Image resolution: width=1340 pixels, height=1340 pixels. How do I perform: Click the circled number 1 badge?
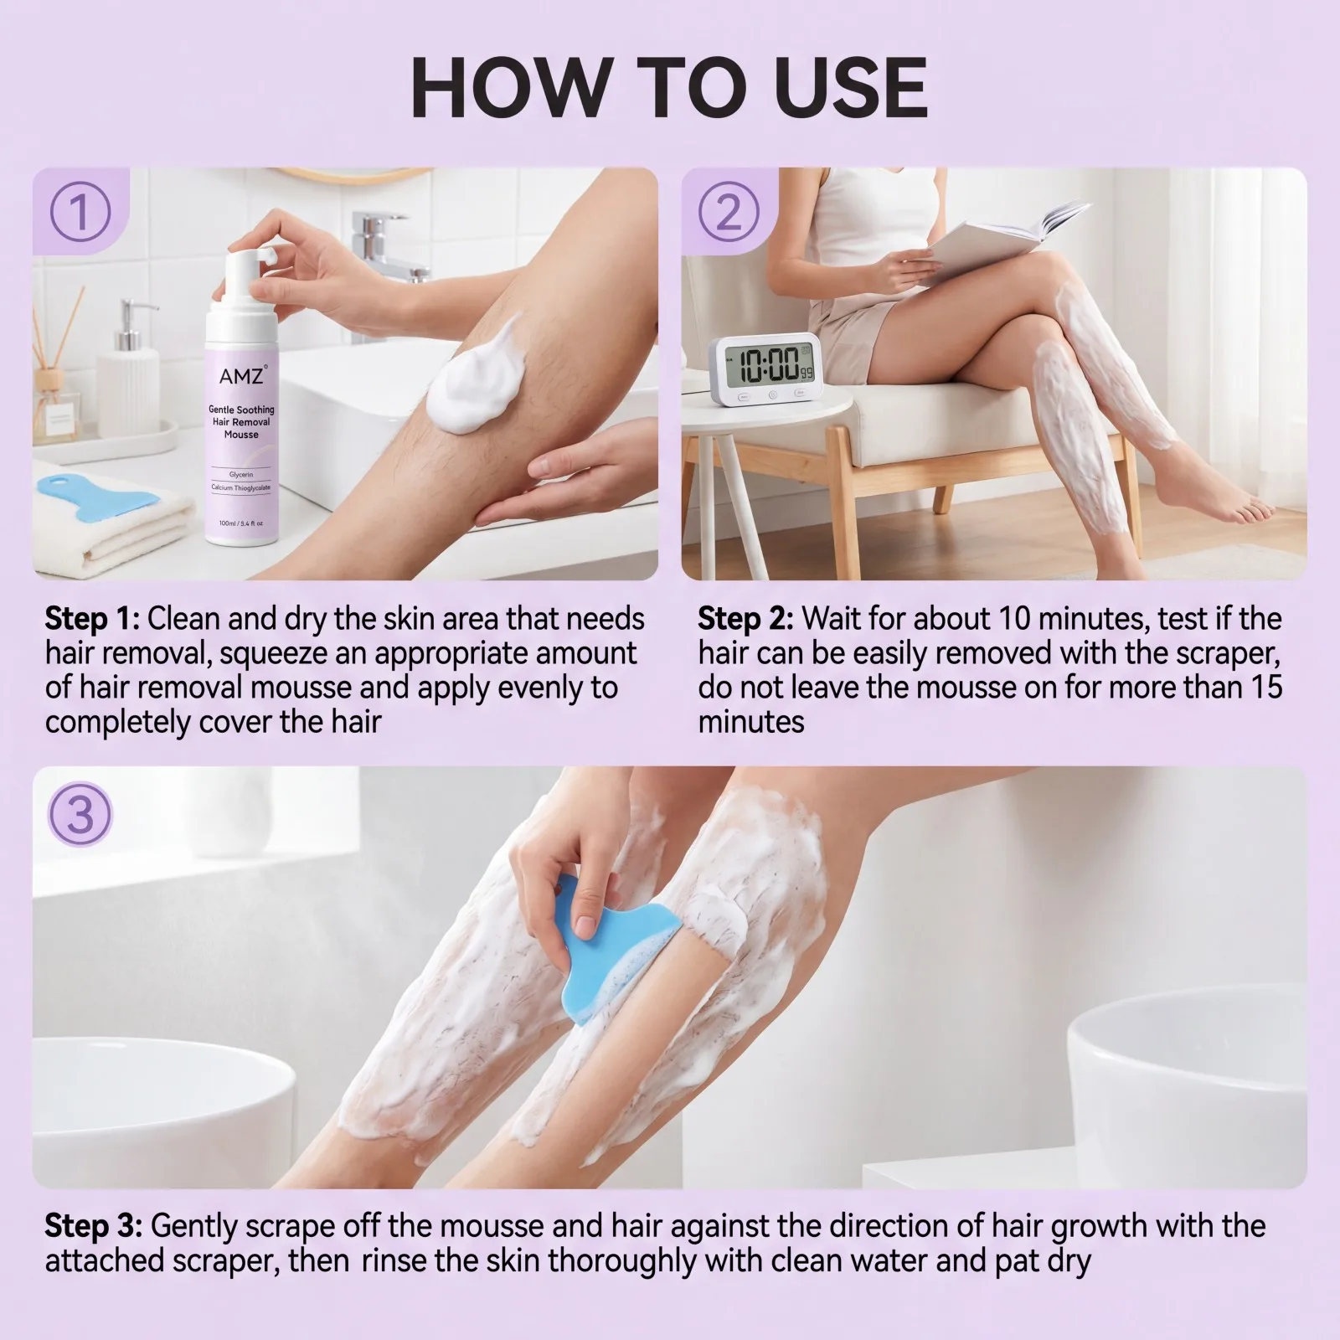80,211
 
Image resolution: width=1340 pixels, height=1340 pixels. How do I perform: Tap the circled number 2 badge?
729,211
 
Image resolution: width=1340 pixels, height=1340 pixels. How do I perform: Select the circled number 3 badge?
80,812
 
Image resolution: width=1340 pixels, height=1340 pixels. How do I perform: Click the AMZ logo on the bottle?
242,376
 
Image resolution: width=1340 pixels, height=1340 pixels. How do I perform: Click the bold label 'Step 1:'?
92,620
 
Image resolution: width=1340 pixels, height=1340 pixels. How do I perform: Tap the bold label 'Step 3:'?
93,1227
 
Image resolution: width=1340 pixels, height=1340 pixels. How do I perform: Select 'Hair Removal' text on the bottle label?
241,422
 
